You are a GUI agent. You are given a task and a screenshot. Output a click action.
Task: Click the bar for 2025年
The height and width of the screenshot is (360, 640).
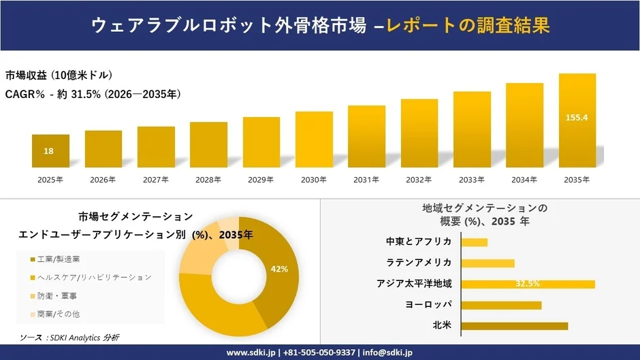(50, 151)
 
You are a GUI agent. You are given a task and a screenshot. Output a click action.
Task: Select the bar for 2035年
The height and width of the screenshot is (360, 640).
(577, 120)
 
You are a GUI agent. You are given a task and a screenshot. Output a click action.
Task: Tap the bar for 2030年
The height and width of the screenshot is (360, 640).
(314, 140)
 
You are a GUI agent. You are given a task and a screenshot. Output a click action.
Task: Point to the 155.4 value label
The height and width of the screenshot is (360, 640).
(577, 118)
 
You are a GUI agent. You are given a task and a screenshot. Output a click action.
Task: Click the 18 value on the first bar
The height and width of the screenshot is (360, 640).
(49, 151)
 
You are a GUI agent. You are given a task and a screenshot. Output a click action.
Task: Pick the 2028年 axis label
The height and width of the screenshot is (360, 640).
(208, 180)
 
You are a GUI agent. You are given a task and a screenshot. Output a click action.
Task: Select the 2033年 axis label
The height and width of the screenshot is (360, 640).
(472, 180)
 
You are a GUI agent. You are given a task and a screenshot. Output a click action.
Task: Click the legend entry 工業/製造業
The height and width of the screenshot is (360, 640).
(59, 259)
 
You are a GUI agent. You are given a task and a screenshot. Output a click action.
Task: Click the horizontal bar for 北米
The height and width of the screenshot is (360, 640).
(514, 326)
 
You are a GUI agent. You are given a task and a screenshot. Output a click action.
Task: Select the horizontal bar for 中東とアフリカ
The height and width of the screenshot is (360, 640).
(475, 242)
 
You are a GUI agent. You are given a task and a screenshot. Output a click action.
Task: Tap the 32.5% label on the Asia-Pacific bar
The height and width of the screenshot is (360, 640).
(528, 284)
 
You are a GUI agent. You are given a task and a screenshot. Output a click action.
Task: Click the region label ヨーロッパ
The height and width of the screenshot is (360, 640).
(428, 304)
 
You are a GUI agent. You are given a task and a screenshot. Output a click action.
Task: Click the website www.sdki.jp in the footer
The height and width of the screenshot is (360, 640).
(251, 353)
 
